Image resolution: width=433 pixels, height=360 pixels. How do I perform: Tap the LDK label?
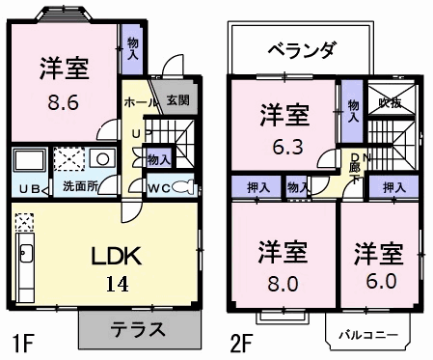117,256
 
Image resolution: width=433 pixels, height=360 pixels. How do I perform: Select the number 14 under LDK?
118,285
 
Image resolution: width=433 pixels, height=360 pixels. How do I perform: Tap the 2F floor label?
242,342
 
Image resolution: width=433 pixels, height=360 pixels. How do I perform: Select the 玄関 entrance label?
177,99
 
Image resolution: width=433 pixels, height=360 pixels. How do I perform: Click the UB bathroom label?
28,187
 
